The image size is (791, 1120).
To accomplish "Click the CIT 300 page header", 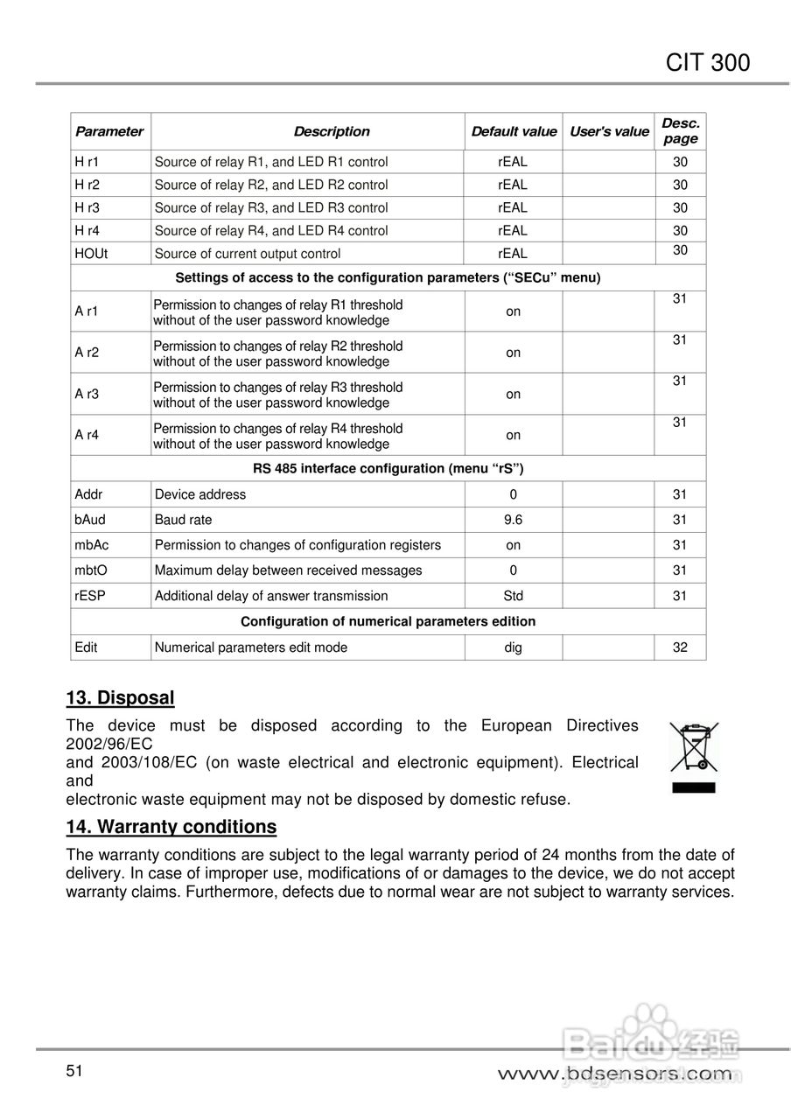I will [x=707, y=63].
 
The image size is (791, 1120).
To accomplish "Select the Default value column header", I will [x=514, y=132].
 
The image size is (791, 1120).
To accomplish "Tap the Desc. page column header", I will [x=680, y=131].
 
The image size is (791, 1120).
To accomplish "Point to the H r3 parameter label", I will [x=87, y=208].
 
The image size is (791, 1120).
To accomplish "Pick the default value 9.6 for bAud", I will [x=513, y=520].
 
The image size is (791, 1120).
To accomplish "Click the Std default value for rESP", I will [x=513, y=596].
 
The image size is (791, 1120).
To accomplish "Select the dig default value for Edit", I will [x=513, y=647].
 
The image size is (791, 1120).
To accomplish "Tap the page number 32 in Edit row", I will [x=680, y=647].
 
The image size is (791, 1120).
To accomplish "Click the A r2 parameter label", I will [x=87, y=353].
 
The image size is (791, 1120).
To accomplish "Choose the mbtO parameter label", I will [x=91, y=570].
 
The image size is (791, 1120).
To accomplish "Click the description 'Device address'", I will [x=200, y=494].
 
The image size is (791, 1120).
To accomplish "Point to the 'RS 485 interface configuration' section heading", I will [x=388, y=468].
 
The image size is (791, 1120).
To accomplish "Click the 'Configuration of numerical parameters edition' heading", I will [x=388, y=621].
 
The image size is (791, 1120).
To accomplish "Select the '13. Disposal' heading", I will [x=121, y=698].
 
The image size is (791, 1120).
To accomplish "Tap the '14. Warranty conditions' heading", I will [x=171, y=827].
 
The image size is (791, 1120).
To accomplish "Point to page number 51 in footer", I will [x=73, y=1071].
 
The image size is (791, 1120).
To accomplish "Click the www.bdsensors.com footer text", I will [x=614, y=1074].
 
